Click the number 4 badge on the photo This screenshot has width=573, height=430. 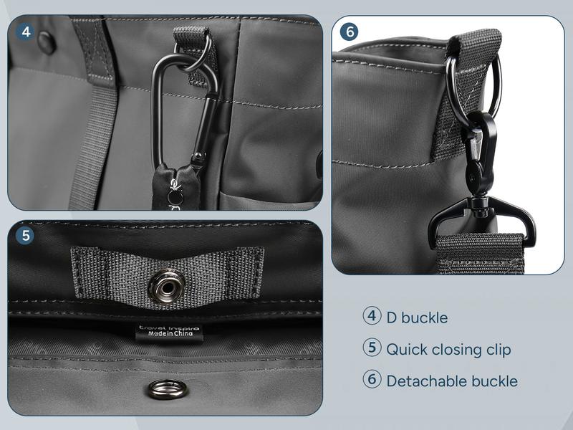[26, 32]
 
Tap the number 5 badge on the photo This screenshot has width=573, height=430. [26, 236]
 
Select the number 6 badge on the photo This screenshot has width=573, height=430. [350, 32]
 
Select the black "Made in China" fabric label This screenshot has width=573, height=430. [170, 331]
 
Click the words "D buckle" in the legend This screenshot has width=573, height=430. [417, 317]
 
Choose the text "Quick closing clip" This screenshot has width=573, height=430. [448, 350]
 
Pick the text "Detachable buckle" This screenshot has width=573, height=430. [451, 381]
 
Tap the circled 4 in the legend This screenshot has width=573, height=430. [372, 316]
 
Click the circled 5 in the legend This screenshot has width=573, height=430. [372, 348]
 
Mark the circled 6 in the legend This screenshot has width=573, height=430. [372, 380]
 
